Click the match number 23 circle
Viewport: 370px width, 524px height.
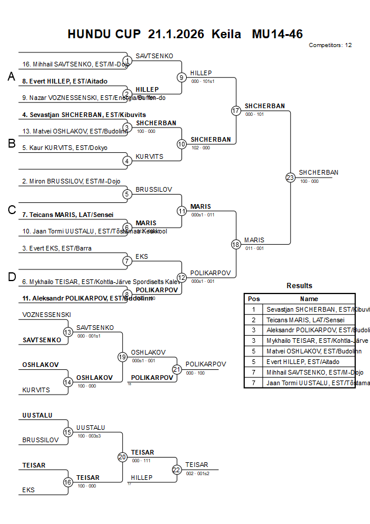click(290, 177)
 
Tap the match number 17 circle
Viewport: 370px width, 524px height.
click(236, 111)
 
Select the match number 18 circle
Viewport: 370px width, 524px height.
click(236, 245)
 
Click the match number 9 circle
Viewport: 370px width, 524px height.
click(181, 77)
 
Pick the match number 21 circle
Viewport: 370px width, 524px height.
click(177, 369)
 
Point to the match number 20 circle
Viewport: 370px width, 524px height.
click(122, 457)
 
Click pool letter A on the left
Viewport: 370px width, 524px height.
click(11, 77)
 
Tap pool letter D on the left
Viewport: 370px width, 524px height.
click(11, 277)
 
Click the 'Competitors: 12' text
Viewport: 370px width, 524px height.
click(330, 45)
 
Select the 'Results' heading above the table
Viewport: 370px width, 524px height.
click(300, 286)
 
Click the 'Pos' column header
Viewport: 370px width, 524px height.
click(254, 299)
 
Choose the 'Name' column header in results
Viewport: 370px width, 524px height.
click(309, 299)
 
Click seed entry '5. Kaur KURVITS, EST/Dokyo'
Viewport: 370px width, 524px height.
click(65, 148)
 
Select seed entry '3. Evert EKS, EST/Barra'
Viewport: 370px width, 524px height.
click(57, 249)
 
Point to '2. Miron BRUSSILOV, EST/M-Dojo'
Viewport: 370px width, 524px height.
click(71, 182)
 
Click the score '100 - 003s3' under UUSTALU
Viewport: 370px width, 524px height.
click(89, 436)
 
